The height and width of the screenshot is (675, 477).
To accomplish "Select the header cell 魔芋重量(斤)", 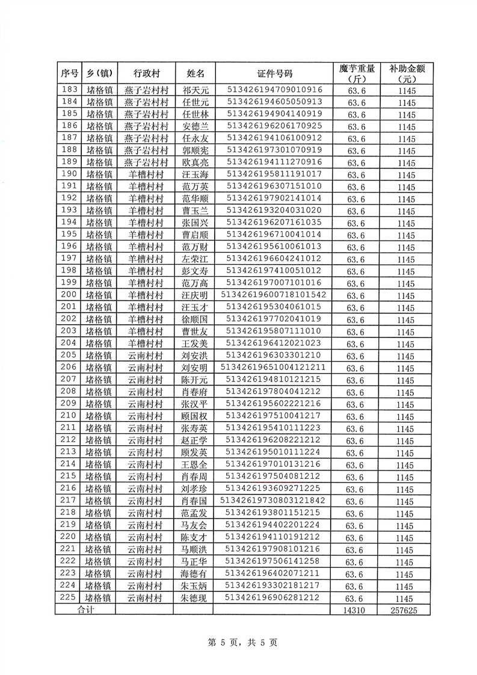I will [x=356, y=73].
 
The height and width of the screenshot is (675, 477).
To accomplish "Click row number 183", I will [x=70, y=90].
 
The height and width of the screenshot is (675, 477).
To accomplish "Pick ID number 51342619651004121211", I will [x=274, y=367].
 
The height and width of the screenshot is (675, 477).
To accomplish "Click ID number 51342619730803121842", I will [x=274, y=501].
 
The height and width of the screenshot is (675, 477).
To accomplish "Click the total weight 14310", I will [x=356, y=610].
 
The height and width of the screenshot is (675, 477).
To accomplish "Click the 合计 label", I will [x=85, y=609].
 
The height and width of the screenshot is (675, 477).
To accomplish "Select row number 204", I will [x=70, y=343].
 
